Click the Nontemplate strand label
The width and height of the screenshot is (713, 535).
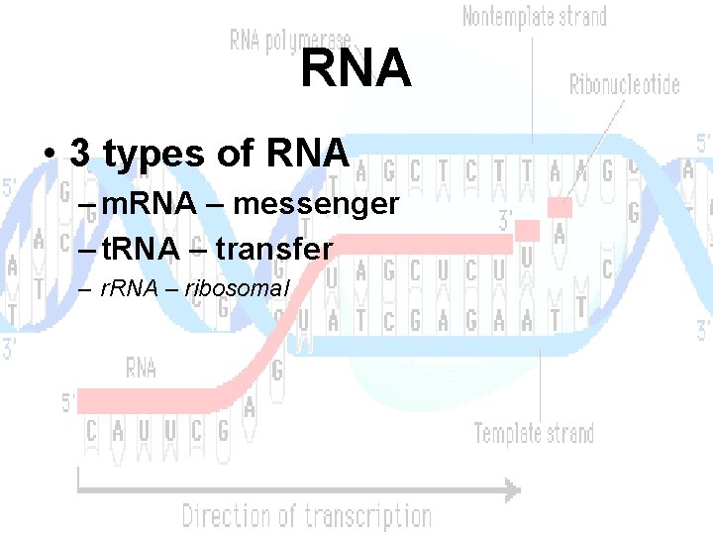[535, 17]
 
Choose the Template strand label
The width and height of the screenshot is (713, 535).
[534, 433]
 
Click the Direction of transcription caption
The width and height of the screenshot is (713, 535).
[306, 516]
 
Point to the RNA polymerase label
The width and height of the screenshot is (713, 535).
[289, 41]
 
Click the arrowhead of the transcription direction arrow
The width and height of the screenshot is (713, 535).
[511, 488]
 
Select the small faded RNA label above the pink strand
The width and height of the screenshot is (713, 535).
[141, 369]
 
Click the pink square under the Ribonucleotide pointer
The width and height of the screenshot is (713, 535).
[560, 207]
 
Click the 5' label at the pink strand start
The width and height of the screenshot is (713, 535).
[67, 402]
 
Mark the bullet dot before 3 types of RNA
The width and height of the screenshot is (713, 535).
[48, 156]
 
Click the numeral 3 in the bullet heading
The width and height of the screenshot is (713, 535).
[80, 154]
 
